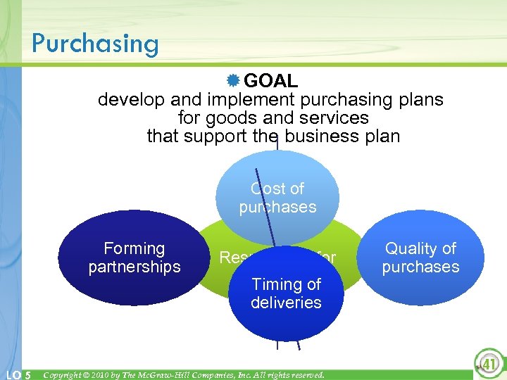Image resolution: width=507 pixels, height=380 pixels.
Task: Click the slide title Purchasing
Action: coord(95,43)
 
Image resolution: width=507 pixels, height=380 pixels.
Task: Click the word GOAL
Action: coord(271,82)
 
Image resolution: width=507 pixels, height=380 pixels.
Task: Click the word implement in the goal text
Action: coord(244,100)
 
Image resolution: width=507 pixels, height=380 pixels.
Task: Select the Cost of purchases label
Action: coord(277,198)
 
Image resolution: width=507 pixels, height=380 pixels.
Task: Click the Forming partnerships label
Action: coord(134,258)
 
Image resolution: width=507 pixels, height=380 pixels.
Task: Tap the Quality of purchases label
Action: coord(420,258)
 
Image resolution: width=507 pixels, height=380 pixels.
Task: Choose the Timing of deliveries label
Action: coord(286,293)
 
